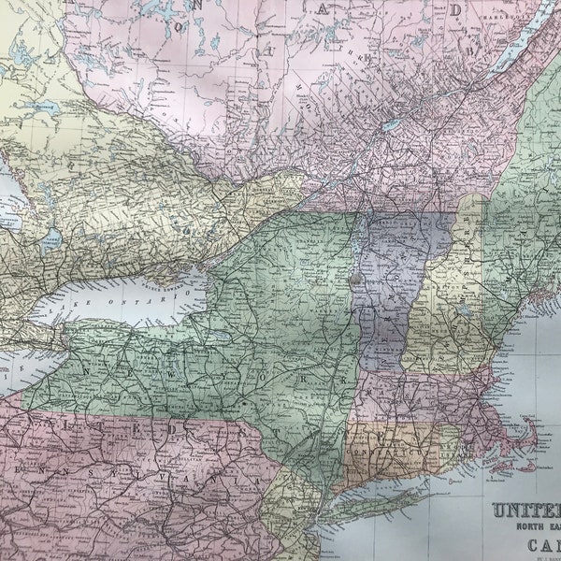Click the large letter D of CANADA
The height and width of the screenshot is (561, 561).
point(455,10)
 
